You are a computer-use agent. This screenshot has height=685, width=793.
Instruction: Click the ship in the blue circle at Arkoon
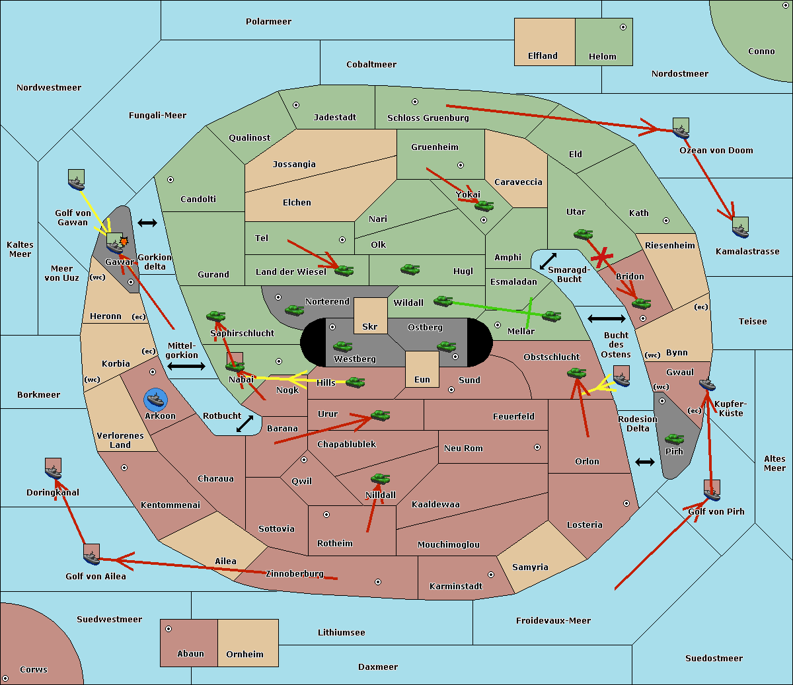[x=156, y=400]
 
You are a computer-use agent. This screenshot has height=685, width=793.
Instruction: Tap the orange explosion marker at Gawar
[x=124, y=242]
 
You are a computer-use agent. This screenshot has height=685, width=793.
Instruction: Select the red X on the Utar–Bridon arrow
[x=602, y=257]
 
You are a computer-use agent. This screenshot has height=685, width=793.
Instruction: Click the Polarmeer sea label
[x=268, y=22]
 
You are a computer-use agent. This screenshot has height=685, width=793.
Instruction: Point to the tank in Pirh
[x=674, y=439]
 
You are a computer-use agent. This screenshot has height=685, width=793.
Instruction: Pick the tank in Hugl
[x=410, y=269]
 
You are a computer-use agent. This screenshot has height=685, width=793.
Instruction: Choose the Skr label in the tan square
[x=370, y=326]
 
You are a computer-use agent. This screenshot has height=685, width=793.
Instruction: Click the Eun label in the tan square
[x=422, y=379]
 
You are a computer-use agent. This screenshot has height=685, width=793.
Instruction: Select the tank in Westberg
[x=342, y=347]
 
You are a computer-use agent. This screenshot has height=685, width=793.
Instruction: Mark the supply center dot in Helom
[x=623, y=27]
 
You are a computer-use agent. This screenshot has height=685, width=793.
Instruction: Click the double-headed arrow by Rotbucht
[x=245, y=424]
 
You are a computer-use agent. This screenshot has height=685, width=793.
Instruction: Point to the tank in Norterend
[x=294, y=310]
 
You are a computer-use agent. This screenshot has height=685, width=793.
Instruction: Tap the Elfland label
[x=543, y=56]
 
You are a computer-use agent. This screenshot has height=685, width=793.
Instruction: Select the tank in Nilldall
[x=380, y=479]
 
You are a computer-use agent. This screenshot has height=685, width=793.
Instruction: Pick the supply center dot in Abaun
[x=169, y=629]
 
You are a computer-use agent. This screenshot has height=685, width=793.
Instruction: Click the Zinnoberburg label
[x=295, y=574]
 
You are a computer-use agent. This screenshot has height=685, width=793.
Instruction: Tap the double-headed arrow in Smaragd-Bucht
[x=548, y=261]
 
